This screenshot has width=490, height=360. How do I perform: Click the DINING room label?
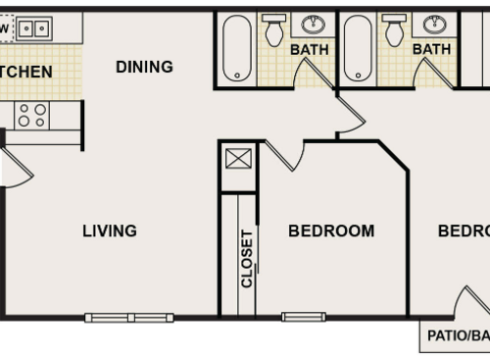[x=144, y=67]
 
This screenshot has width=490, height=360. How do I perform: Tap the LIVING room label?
[x=109, y=231]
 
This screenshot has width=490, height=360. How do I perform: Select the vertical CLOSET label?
[x=247, y=258]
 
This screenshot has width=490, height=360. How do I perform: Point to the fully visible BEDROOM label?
[x=331, y=231]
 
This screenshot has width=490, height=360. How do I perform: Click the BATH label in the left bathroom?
[x=308, y=49]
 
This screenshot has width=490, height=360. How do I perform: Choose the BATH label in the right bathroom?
[x=430, y=49]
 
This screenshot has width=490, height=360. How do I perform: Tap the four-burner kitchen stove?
[x=31, y=115]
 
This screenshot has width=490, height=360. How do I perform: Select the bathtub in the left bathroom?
[x=236, y=48]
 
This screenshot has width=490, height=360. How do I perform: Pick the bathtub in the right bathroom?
[x=358, y=48]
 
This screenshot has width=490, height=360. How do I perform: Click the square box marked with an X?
[x=238, y=157]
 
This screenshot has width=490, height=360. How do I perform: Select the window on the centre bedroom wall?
[x=303, y=316]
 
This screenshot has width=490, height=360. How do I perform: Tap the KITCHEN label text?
[x=25, y=73]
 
